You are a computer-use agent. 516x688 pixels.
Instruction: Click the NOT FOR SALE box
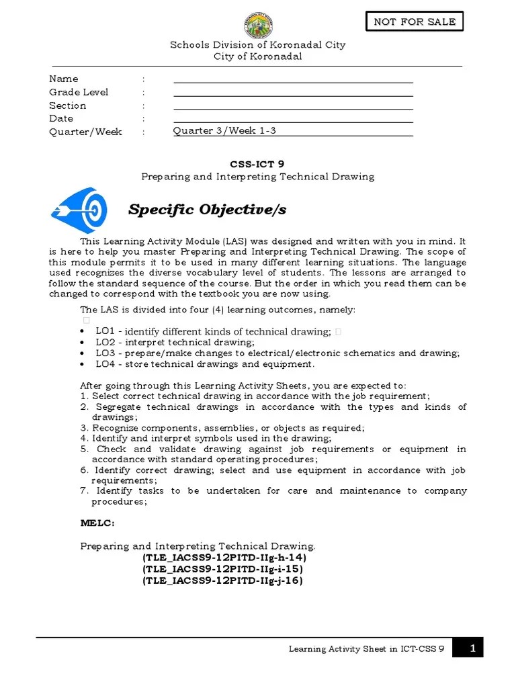pos(415,21)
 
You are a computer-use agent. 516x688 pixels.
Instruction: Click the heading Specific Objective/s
pos(207,210)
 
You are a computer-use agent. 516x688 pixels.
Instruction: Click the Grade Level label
pos(79,92)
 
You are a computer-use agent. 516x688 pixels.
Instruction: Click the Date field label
pos(61,118)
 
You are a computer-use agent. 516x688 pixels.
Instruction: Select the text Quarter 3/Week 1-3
pos(224,131)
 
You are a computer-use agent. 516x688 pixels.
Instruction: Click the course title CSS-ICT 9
pos(257,163)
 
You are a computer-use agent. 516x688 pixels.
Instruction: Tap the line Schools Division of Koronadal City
pos(258,45)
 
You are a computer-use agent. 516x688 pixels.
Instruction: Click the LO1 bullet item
pos(213,331)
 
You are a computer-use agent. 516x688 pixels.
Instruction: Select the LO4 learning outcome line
pos(204,364)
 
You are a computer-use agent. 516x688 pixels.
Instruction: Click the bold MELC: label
pos(97,522)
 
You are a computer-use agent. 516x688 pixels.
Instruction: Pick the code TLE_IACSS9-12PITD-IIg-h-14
pos(224,558)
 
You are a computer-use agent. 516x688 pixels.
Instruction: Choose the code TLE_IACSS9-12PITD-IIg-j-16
pos(222,580)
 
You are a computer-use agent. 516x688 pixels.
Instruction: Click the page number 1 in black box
pos(473,648)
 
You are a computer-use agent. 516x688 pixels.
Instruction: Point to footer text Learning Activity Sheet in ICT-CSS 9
pos(366,649)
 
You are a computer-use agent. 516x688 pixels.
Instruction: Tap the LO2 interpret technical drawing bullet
pos(175,343)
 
